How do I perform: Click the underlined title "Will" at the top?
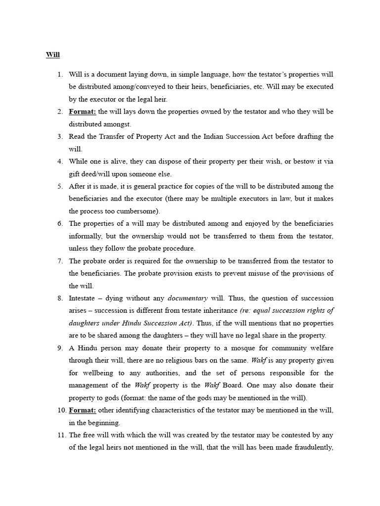click(52, 54)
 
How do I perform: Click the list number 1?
click(60, 75)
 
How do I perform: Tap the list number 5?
click(60, 186)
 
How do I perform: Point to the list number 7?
click(60, 261)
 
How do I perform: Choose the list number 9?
click(60, 348)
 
